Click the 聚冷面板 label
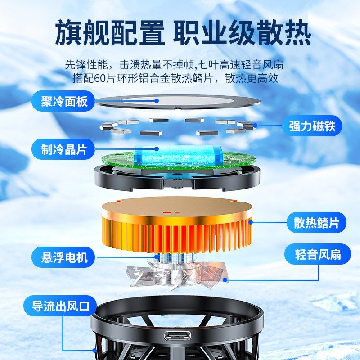click(59, 102)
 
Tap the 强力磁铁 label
click(312, 126)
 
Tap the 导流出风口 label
click(61, 307)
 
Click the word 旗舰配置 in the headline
click(110, 33)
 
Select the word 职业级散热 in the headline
click(242, 33)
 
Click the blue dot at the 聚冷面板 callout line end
click(157, 101)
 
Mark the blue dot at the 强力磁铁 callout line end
click(255, 126)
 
